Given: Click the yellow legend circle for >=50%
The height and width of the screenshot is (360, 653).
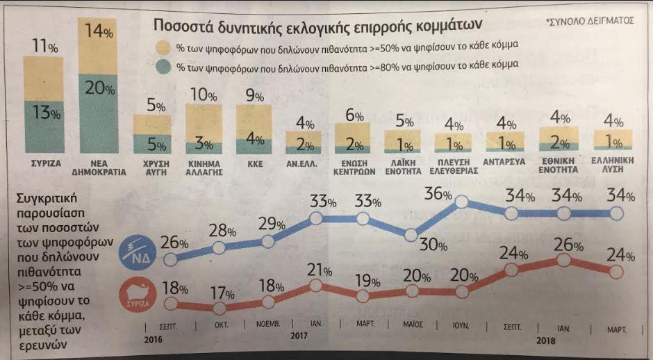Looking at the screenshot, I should pyautogui.click(x=163, y=47).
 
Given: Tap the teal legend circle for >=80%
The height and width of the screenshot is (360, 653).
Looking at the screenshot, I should pyautogui.click(x=163, y=67).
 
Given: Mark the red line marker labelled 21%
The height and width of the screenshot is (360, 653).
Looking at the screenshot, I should pyautogui.click(x=315, y=285).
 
